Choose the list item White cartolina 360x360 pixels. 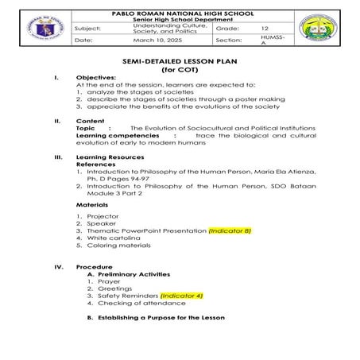(113, 238)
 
